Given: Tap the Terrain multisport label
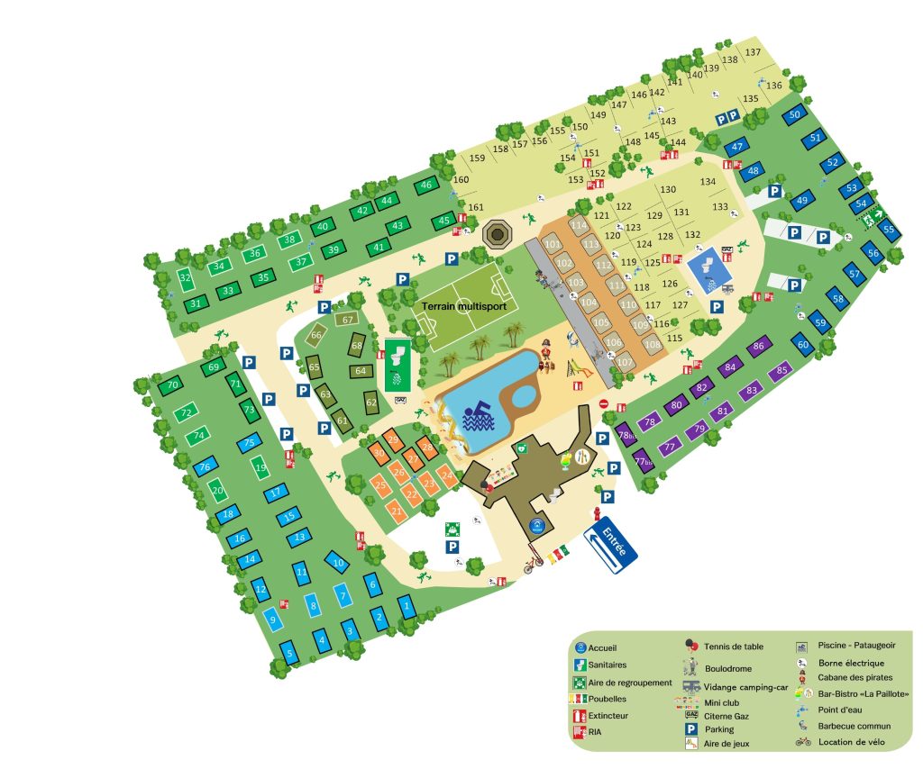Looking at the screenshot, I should (x=464, y=306).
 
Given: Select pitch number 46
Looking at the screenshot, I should (x=425, y=185).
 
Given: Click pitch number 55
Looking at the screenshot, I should (x=889, y=230).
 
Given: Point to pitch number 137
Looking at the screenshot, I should (x=753, y=52).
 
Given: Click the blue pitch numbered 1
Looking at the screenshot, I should (x=407, y=607).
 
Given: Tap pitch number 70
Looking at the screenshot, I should (x=173, y=385).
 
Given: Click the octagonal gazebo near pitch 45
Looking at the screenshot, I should (x=497, y=235).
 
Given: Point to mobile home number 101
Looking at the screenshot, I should (x=553, y=245).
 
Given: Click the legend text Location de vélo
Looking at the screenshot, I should (x=851, y=742).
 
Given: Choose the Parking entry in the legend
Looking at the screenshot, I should (x=718, y=729).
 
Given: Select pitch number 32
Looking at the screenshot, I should (x=186, y=278).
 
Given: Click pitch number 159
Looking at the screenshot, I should (x=478, y=158).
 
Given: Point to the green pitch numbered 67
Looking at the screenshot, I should (x=348, y=320).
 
